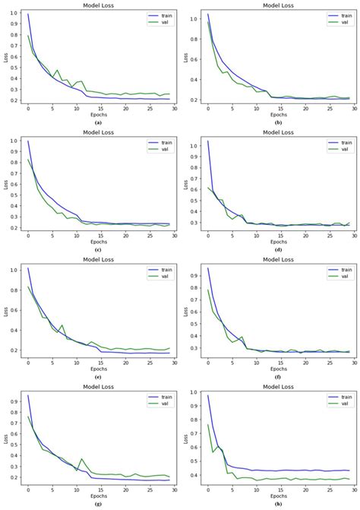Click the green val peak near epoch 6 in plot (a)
tap(57, 70)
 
